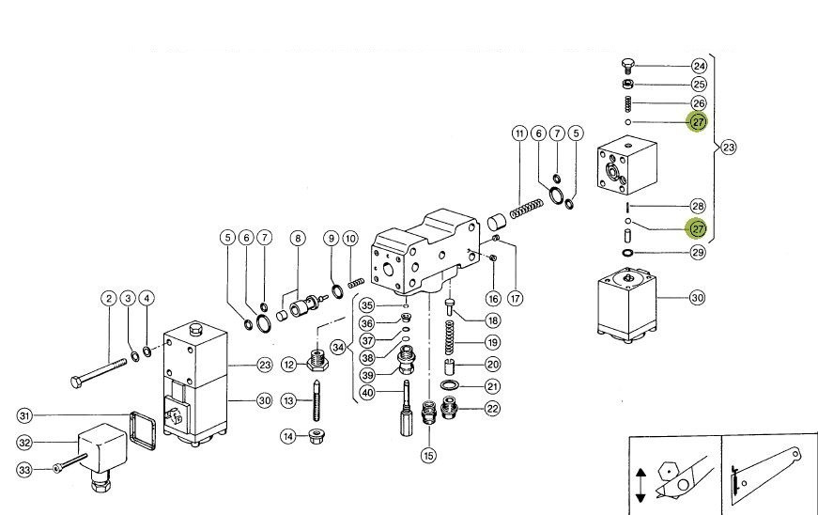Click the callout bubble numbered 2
pos(109,299)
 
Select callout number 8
pos(298,239)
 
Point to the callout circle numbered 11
pos(519,133)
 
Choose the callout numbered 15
pos(428,456)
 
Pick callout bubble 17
pos(516,299)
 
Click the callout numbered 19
pos(492,343)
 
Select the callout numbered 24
pos(699,66)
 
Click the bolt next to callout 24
pos(627,65)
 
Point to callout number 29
pos(698,253)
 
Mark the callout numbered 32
pos(25,442)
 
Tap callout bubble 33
pos(25,468)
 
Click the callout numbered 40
pos(366,392)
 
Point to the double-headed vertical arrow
pos(641,485)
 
